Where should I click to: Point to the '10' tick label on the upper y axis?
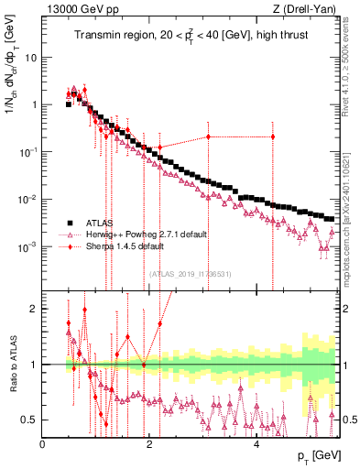tap(31, 57)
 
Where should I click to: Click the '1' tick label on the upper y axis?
tap(34, 104)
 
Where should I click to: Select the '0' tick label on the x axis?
tap(43, 444)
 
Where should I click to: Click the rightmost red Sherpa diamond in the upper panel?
tap(272, 137)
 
